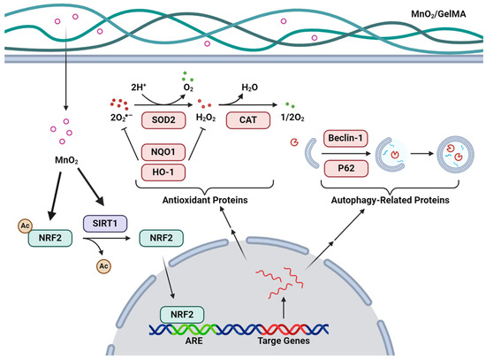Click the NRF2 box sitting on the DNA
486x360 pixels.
coord(180,314)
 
